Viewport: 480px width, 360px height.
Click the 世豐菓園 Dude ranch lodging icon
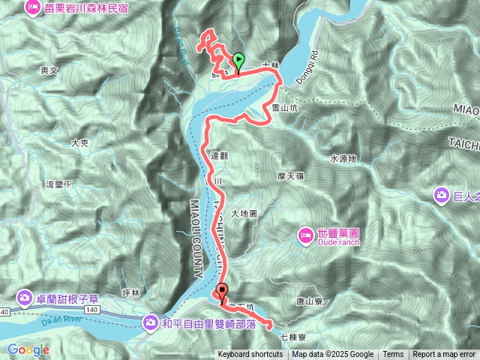point(306,235)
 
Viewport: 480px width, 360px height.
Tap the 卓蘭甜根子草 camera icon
point(25,298)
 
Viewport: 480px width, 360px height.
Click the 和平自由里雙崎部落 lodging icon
point(150,323)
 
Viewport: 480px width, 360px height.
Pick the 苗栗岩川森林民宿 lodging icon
point(33,7)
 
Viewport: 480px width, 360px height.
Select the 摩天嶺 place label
point(289,175)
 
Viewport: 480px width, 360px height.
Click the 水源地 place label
point(343,158)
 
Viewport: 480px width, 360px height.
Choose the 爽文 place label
point(49,69)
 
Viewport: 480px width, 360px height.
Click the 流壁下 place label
point(58,184)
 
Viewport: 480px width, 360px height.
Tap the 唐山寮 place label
point(309,301)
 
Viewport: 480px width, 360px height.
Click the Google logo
point(28,349)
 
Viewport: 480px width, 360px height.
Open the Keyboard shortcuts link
point(250,355)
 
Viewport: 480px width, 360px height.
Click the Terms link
point(393,355)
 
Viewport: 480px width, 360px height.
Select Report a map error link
point(444,355)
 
